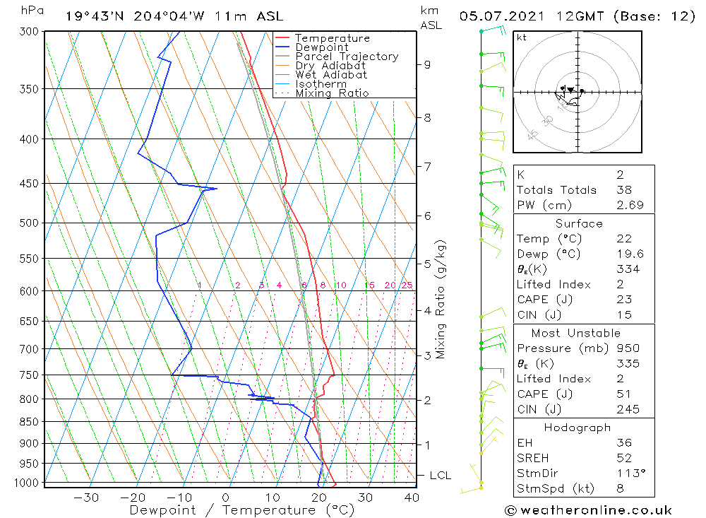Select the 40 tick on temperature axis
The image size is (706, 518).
point(411,498)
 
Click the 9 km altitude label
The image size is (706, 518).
point(427,64)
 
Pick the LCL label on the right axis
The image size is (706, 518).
point(440,476)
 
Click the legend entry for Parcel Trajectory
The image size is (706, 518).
point(347,57)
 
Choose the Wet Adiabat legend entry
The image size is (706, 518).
point(331,75)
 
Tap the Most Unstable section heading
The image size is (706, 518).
point(576,333)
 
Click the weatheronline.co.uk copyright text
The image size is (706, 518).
point(588,510)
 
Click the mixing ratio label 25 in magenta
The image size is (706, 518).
point(407,286)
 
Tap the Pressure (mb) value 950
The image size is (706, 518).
point(627,348)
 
